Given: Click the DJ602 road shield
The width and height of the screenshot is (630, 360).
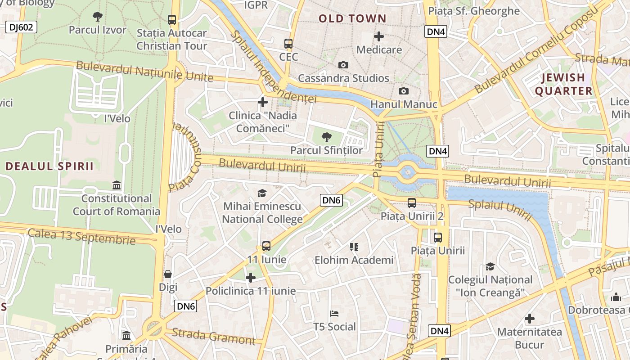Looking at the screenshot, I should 21,27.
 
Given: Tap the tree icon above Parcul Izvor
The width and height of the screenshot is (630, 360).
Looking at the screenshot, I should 97,17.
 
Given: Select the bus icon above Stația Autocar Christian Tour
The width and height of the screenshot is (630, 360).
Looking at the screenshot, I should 172,20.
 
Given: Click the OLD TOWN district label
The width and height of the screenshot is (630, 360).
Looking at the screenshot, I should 352,18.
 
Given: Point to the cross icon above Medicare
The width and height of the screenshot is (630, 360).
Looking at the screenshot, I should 379,36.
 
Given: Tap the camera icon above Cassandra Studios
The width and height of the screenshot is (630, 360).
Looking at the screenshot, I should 343,65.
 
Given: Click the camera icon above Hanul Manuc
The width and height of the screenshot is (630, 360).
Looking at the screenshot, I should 404,91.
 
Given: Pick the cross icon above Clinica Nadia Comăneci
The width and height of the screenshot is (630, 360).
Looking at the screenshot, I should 263,102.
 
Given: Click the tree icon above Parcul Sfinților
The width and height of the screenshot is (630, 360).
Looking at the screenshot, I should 327,137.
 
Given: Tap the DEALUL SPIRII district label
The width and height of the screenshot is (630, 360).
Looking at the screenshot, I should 49,166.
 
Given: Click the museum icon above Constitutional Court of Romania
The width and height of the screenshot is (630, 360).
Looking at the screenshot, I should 117,185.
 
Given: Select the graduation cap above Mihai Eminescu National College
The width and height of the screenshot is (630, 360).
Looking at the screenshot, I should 262,193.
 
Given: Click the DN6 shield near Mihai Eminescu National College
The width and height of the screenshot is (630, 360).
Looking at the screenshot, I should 331,200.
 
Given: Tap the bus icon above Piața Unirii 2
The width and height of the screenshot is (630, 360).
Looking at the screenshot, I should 412,203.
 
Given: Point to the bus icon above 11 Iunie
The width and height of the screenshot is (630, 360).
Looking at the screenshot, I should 266,246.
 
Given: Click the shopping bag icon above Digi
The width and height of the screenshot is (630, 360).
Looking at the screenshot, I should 168,274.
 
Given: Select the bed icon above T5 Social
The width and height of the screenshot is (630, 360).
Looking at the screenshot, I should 334,314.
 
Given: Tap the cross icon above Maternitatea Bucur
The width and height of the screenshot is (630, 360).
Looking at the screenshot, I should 530,319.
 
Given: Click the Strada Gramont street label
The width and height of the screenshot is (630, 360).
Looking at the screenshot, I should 214,336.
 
